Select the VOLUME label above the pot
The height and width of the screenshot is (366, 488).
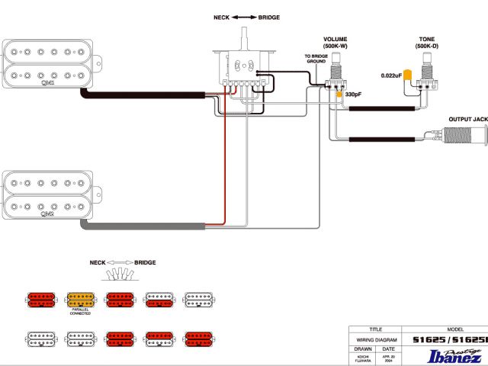coord(335,39)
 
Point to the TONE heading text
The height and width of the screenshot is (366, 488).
coord(427,39)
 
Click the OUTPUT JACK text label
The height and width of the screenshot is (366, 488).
coord(467,119)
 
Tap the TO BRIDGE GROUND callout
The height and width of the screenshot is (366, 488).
coord(316,59)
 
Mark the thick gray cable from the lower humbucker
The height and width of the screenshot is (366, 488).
coord(145,227)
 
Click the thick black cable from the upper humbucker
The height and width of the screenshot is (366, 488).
coord(145,95)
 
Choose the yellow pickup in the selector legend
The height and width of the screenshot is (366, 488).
coord(80,300)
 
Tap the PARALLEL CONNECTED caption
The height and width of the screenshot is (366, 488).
coord(80,312)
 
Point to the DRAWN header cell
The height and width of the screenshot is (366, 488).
coord(364,349)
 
